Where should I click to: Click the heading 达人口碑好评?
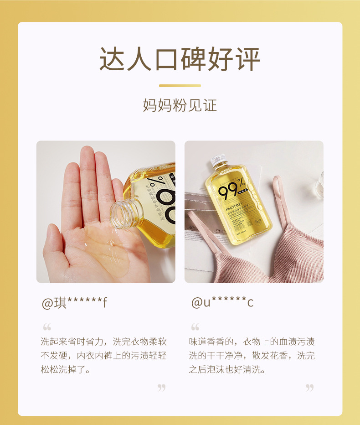(x=180, y=59)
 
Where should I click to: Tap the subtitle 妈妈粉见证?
(x=180, y=105)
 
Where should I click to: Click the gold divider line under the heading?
(x=180, y=85)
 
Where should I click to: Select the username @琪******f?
(x=74, y=303)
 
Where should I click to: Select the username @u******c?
(x=222, y=303)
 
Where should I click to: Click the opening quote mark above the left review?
(x=47, y=327)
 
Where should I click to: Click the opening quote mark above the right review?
(x=195, y=327)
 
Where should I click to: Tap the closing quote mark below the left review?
(x=161, y=388)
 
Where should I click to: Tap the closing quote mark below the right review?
(x=310, y=388)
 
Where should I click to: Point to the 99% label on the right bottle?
(x=232, y=191)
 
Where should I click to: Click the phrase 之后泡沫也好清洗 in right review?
(x=227, y=369)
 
